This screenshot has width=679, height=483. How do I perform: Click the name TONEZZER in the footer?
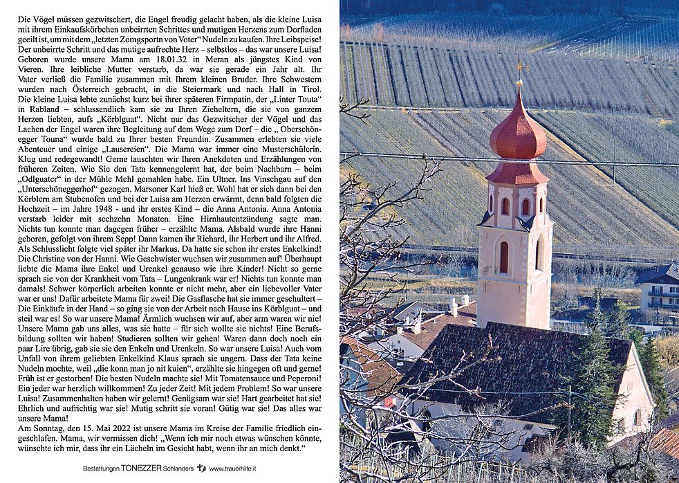coord(141,468)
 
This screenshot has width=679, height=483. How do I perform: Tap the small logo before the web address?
coord(201,468)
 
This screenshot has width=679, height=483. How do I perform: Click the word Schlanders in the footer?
coord(178,468)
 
